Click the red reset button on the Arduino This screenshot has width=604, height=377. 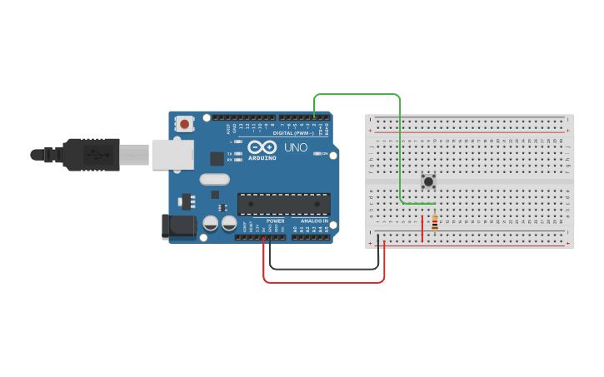tap(184, 124)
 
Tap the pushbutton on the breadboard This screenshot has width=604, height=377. tap(428, 181)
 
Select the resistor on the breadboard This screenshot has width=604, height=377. tap(434, 222)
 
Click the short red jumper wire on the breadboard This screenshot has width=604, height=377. tap(422, 228)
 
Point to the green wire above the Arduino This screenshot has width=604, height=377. tap(358, 95)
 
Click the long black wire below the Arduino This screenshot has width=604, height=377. tap(325, 269)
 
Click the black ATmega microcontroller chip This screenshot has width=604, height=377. tap(283, 204)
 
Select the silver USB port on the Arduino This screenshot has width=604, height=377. tap(172, 155)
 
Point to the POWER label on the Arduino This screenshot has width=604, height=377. tap(276, 221)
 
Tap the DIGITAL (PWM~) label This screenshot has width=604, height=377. tap(293, 133)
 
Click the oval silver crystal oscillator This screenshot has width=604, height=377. tap(214, 179)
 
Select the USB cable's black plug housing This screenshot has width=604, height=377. tap(92, 155)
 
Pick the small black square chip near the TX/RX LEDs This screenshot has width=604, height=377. tap(217, 157)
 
